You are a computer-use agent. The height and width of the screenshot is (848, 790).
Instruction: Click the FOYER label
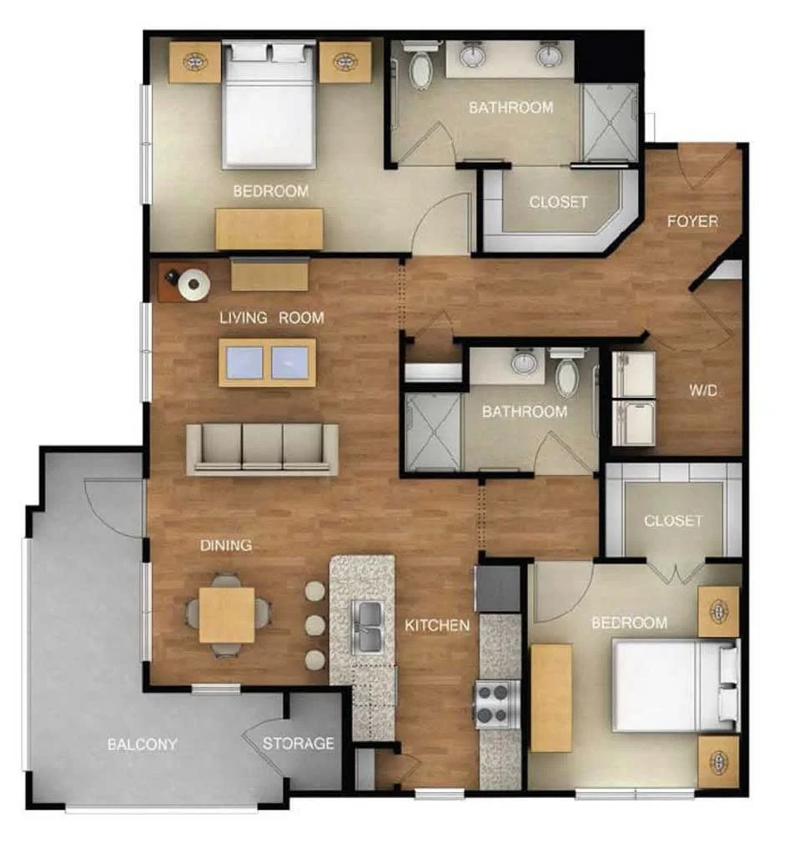pyautogui.click(x=692, y=221)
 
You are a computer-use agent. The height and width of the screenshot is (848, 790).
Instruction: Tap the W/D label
pyautogui.click(x=703, y=390)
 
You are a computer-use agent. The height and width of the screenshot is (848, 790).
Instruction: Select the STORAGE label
pyautogui.click(x=299, y=744)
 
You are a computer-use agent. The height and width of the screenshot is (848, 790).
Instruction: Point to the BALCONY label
pyautogui.click(x=142, y=745)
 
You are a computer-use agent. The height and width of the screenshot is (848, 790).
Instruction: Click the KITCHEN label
pyautogui.click(x=437, y=625)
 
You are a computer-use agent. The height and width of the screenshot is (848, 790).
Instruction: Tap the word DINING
pyautogui.click(x=226, y=545)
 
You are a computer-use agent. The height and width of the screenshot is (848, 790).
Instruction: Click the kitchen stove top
pyautogui.click(x=493, y=704)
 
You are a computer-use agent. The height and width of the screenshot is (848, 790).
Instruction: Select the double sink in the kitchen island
pyautogui.click(x=367, y=626)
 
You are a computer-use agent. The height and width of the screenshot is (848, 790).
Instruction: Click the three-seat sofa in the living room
pyautogui.click(x=262, y=449)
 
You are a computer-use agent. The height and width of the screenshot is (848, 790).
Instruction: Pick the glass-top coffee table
pyautogui.click(x=267, y=362)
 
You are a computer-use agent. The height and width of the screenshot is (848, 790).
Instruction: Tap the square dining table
pyautogui.click(x=226, y=615)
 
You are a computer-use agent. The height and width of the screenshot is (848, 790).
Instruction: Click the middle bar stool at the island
pyautogui.click(x=315, y=625)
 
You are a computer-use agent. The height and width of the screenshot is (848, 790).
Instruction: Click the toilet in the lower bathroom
pyautogui.click(x=567, y=372)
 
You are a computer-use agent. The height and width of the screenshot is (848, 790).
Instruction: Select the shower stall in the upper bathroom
pyautogui.click(x=610, y=123)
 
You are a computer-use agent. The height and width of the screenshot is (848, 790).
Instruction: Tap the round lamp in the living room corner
pyautogui.click(x=194, y=284)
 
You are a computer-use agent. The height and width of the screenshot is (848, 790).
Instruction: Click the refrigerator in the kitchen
pyautogui.click(x=498, y=588)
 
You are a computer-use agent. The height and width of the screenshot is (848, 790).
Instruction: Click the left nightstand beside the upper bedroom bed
pyautogui.click(x=194, y=63)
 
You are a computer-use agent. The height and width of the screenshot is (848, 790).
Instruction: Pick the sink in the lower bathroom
pyautogui.click(x=523, y=361)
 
